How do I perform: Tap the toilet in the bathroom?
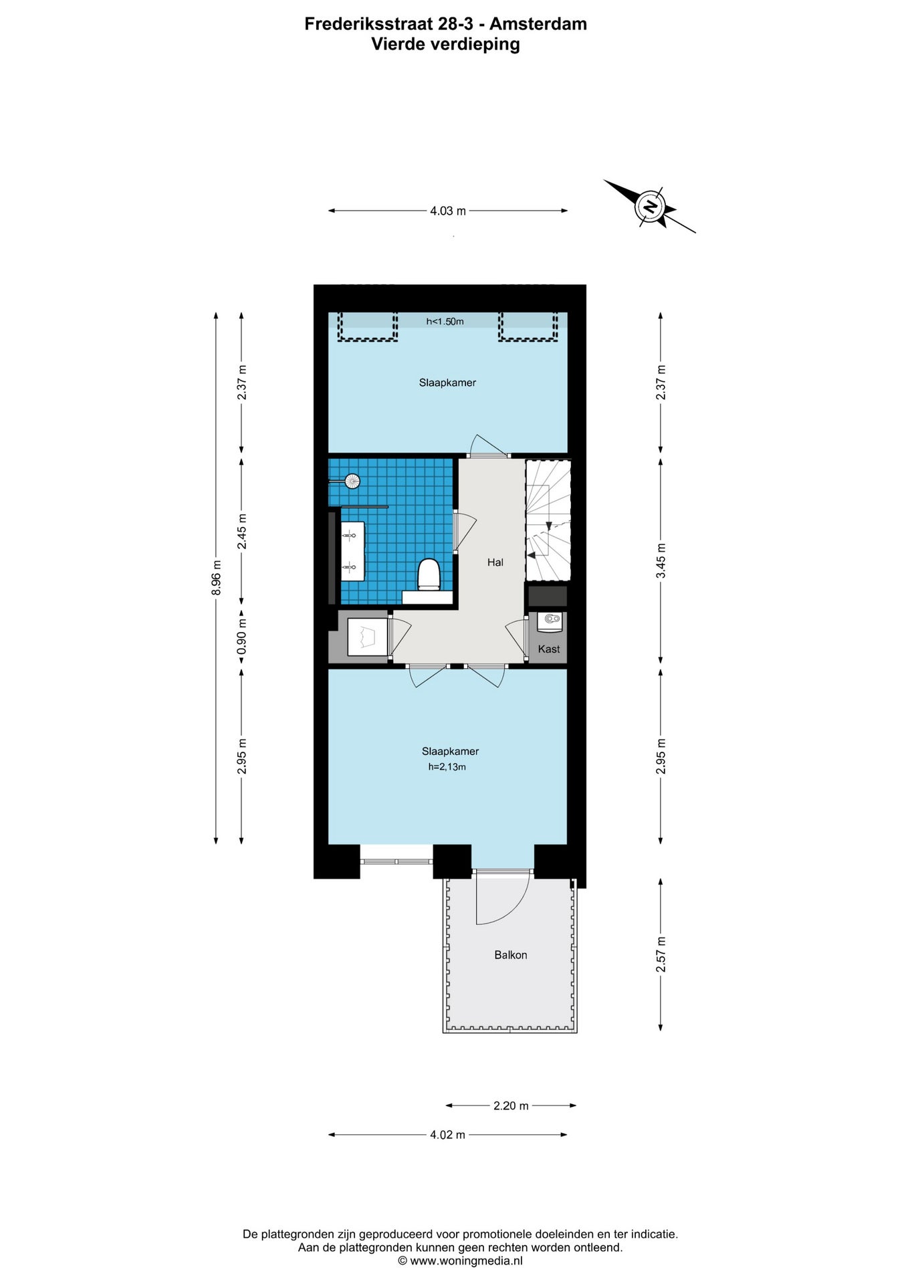429,576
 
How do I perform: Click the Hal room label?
495,562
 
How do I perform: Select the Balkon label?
511,955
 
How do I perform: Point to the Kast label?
549,649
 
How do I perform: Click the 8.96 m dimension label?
216,577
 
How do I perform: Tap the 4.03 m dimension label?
448,211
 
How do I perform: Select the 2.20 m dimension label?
511,1105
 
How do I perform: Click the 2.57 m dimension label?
661,954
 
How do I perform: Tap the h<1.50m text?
445,322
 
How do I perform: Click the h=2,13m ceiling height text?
447,767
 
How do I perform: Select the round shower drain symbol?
352,480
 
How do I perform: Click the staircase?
548,520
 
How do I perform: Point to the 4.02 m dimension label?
447,1135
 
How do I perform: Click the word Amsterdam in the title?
538,24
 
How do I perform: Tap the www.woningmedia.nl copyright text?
461,1261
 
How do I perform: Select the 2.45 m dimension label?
242,532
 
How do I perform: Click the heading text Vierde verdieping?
446,44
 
